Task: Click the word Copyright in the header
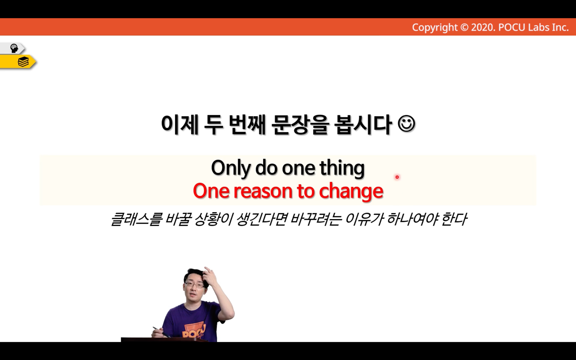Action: (435, 27)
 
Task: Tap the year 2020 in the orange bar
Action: (483, 27)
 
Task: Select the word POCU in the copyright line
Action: (512, 27)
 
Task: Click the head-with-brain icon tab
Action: (14, 48)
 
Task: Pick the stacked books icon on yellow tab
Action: (23, 62)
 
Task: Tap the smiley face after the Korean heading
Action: (406, 124)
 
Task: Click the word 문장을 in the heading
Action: (300, 125)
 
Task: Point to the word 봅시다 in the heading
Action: (363, 125)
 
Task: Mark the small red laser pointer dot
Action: (397, 177)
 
